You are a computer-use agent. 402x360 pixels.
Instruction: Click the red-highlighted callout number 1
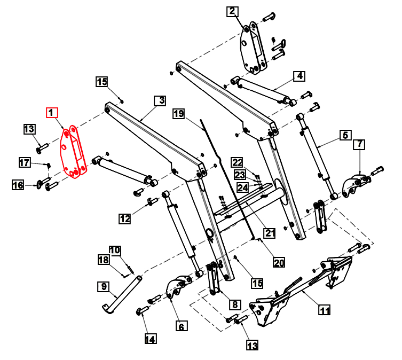[52, 113]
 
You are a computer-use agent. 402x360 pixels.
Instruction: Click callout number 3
[299, 76]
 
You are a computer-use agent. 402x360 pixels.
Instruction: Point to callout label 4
[345, 135]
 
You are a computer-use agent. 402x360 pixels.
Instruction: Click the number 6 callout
[360, 144]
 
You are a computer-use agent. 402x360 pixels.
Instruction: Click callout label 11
[325, 309]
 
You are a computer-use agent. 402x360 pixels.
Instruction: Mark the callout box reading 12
[125, 218]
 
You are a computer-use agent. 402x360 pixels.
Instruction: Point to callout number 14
[149, 338]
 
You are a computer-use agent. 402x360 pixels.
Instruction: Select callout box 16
[18, 185]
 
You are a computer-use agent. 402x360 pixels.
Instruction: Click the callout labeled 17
[25, 162]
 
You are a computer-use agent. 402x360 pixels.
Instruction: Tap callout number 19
[179, 114]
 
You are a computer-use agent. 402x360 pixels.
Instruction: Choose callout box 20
[279, 262]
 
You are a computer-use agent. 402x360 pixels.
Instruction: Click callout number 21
[270, 232]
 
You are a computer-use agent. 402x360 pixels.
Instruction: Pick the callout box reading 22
[237, 162]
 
